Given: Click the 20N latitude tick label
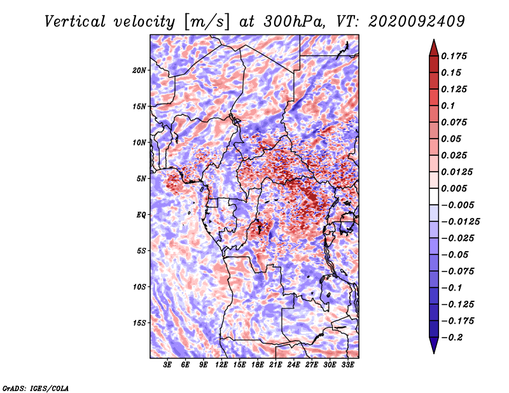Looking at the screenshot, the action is click(x=139, y=71).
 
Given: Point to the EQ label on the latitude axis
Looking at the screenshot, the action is click(x=141, y=215).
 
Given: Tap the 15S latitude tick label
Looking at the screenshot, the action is click(x=139, y=323).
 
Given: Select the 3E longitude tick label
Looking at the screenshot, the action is click(x=167, y=365).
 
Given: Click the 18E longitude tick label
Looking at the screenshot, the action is click(x=258, y=365).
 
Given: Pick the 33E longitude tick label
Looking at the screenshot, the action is click(x=347, y=365).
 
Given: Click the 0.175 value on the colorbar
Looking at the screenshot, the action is click(x=454, y=56).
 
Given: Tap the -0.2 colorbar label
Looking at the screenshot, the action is click(x=451, y=338).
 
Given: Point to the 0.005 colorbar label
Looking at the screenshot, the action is click(x=454, y=188).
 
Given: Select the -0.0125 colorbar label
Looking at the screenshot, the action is click(x=460, y=222).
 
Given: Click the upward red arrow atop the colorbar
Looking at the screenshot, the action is click(x=434, y=48).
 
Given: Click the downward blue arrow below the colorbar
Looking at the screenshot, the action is click(x=434, y=345).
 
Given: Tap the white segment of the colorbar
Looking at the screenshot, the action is click(x=434, y=197).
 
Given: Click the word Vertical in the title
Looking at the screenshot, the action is click(x=75, y=22).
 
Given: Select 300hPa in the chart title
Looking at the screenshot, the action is click(x=294, y=22).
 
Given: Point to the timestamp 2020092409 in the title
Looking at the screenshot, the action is click(x=417, y=22).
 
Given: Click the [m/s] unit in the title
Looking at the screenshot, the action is click(x=207, y=22).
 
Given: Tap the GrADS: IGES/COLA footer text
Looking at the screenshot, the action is click(x=36, y=389).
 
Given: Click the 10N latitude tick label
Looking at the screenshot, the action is click(x=139, y=143).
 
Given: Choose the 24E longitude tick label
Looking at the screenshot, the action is click(x=293, y=365).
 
